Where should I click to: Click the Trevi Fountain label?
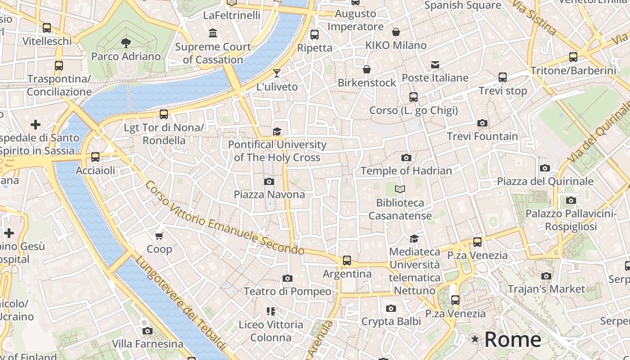[482, 136]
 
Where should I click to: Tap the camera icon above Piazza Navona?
[269, 181]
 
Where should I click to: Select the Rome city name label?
[513, 339]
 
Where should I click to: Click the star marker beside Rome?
[475, 339]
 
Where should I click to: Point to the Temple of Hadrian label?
[406, 171]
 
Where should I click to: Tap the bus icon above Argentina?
[346, 260]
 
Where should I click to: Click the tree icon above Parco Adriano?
[126, 43]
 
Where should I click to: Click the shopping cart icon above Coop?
[159, 236]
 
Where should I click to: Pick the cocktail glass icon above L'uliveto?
[277, 73]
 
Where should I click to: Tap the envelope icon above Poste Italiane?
[435, 65]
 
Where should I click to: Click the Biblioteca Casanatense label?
[400, 209]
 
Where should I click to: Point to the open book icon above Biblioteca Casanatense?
[400, 189]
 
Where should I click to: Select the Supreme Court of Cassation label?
[213, 53]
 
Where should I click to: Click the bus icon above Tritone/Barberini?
[573, 57]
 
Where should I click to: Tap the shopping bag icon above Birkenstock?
[367, 69]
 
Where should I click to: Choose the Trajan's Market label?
[546, 289]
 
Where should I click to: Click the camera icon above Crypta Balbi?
[391, 308]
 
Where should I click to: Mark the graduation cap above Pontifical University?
[277, 131]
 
